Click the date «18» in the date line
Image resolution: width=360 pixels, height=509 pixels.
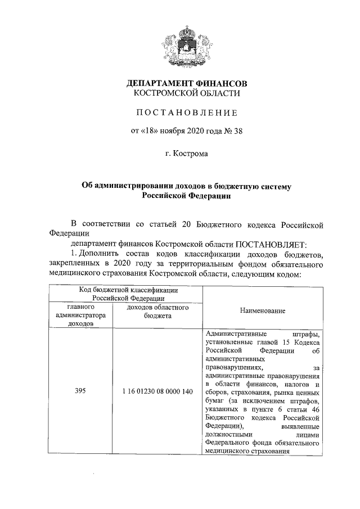pos(150,132)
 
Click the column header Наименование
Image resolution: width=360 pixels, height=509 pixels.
pos(262,310)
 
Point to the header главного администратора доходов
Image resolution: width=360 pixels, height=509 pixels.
pos(80,316)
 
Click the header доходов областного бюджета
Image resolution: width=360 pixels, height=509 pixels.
pos(157,312)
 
